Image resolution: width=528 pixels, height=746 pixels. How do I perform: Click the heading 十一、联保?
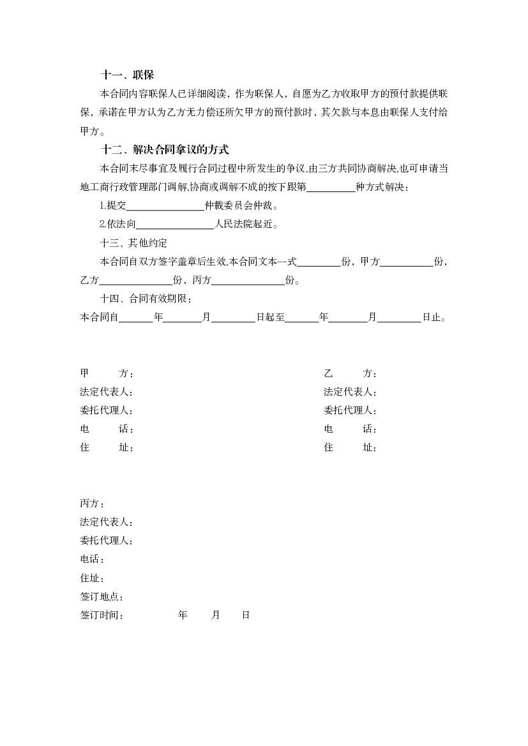(x=128, y=75)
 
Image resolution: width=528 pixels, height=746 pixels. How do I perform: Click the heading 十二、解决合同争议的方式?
(x=165, y=150)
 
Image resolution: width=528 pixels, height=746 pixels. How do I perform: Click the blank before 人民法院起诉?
(x=175, y=225)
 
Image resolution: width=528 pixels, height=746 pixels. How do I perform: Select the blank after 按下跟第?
(x=331, y=188)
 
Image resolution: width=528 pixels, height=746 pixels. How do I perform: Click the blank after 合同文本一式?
(x=319, y=262)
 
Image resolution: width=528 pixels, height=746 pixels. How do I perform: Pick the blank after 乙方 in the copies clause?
(x=136, y=280)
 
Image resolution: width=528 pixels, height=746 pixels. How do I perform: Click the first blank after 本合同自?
(x=135, y=317)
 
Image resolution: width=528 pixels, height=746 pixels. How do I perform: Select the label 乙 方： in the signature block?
(x=350, y=373)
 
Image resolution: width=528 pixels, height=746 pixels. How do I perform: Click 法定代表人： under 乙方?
(x=350, y=392)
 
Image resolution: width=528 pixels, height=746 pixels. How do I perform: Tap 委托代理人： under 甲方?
(x=107, y=410)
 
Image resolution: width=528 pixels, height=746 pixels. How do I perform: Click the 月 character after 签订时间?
(x=216, y=615)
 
